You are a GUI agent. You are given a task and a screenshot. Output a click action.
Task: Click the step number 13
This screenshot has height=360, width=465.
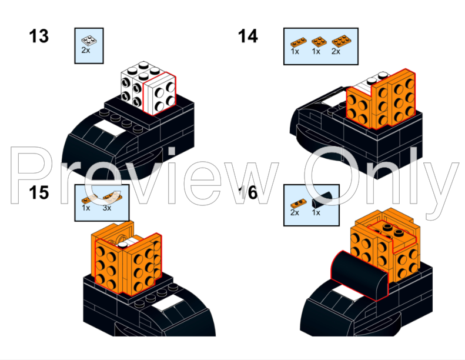39,36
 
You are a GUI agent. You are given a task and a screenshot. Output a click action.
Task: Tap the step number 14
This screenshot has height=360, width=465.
247,36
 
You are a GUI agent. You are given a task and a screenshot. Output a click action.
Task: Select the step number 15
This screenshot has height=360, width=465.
39,192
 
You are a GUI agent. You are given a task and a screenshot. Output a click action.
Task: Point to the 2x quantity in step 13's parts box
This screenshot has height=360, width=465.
86,51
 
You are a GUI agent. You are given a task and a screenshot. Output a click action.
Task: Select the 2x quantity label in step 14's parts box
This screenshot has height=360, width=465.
336,52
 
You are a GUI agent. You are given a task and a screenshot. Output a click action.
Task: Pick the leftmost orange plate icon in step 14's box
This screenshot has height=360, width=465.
298,42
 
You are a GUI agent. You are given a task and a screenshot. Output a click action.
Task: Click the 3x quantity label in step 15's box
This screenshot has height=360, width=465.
107,208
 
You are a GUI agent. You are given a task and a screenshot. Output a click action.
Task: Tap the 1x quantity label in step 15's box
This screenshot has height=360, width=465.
86,208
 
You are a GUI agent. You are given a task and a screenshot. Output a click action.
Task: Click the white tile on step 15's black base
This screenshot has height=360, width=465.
166,304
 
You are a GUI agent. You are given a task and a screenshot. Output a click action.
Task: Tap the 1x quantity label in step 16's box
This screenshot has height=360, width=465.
316,212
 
